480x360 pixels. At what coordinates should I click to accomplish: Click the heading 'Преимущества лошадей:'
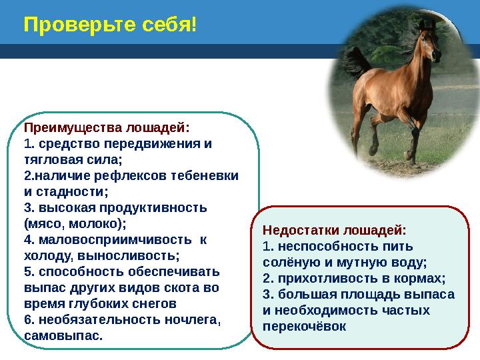107,127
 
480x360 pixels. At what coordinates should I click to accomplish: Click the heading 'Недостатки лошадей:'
334,230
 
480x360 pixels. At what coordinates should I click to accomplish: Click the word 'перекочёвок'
305,327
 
